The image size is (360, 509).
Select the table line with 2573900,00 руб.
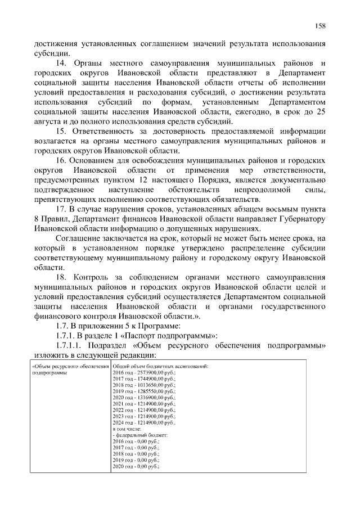click(145, 372)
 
